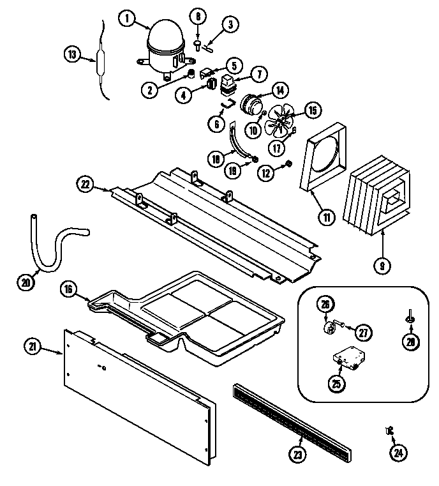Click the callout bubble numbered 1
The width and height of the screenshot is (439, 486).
click(128, 19)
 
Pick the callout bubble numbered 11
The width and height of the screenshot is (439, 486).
click(326, 217)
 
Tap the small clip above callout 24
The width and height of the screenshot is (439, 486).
click(389, 432)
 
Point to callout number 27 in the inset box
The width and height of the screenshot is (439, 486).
click(363, 331)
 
